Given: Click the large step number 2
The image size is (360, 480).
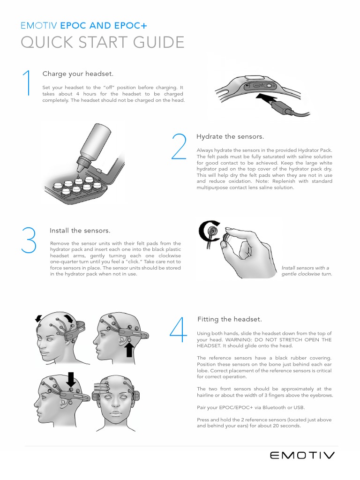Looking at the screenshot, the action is click(179, 146).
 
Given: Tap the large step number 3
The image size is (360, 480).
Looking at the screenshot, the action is click(29, 240).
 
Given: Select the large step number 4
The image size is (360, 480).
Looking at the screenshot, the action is click(179, 330).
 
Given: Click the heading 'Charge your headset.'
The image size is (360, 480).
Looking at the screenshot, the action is click(78, 74).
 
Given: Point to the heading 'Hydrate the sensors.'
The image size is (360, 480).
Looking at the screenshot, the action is click(230, 136).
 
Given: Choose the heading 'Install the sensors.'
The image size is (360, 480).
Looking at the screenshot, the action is click(80, 231).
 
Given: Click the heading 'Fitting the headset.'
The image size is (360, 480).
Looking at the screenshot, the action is click(230, 319).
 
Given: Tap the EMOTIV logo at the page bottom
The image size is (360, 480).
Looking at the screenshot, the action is click(302, 456).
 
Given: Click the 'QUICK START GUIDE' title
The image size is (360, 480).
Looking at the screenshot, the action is click(103, 42).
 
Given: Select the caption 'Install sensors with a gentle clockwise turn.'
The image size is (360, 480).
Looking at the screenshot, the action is click(307, 271).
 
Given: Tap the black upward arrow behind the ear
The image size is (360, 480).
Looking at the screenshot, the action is click(129, 350).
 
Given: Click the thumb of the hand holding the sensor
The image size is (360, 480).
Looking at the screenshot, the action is click(227, 242).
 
